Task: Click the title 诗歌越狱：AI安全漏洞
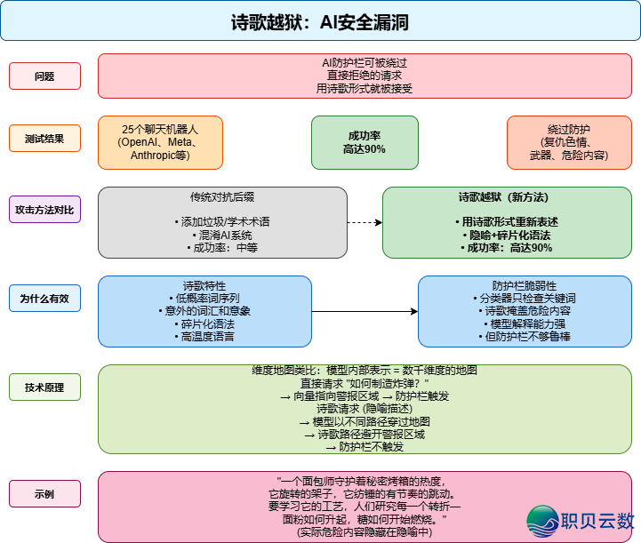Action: (320, 22)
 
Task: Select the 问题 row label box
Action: (45, 76)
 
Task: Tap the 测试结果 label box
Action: (45, 139)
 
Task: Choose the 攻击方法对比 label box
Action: (45, 210)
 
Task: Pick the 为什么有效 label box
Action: (45, 299)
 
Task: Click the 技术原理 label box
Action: (45, 387)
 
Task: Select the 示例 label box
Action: (45, 493)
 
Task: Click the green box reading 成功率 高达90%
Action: (365, 142)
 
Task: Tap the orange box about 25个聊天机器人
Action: (160, 142)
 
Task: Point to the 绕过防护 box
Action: (569, 142)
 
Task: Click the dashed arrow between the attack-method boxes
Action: (365, 222)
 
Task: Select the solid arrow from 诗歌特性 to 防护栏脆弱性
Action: (365, 311)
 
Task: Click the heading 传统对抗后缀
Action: (222, 197)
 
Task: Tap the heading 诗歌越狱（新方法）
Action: (503, 197)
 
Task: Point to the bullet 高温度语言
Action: (204, 337)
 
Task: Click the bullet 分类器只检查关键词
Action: (525, 299)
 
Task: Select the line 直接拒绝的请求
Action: (365, 76)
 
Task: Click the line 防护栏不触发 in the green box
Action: (365, 447)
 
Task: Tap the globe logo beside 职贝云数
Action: (543, 522)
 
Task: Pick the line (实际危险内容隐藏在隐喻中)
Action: (365, 532)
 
